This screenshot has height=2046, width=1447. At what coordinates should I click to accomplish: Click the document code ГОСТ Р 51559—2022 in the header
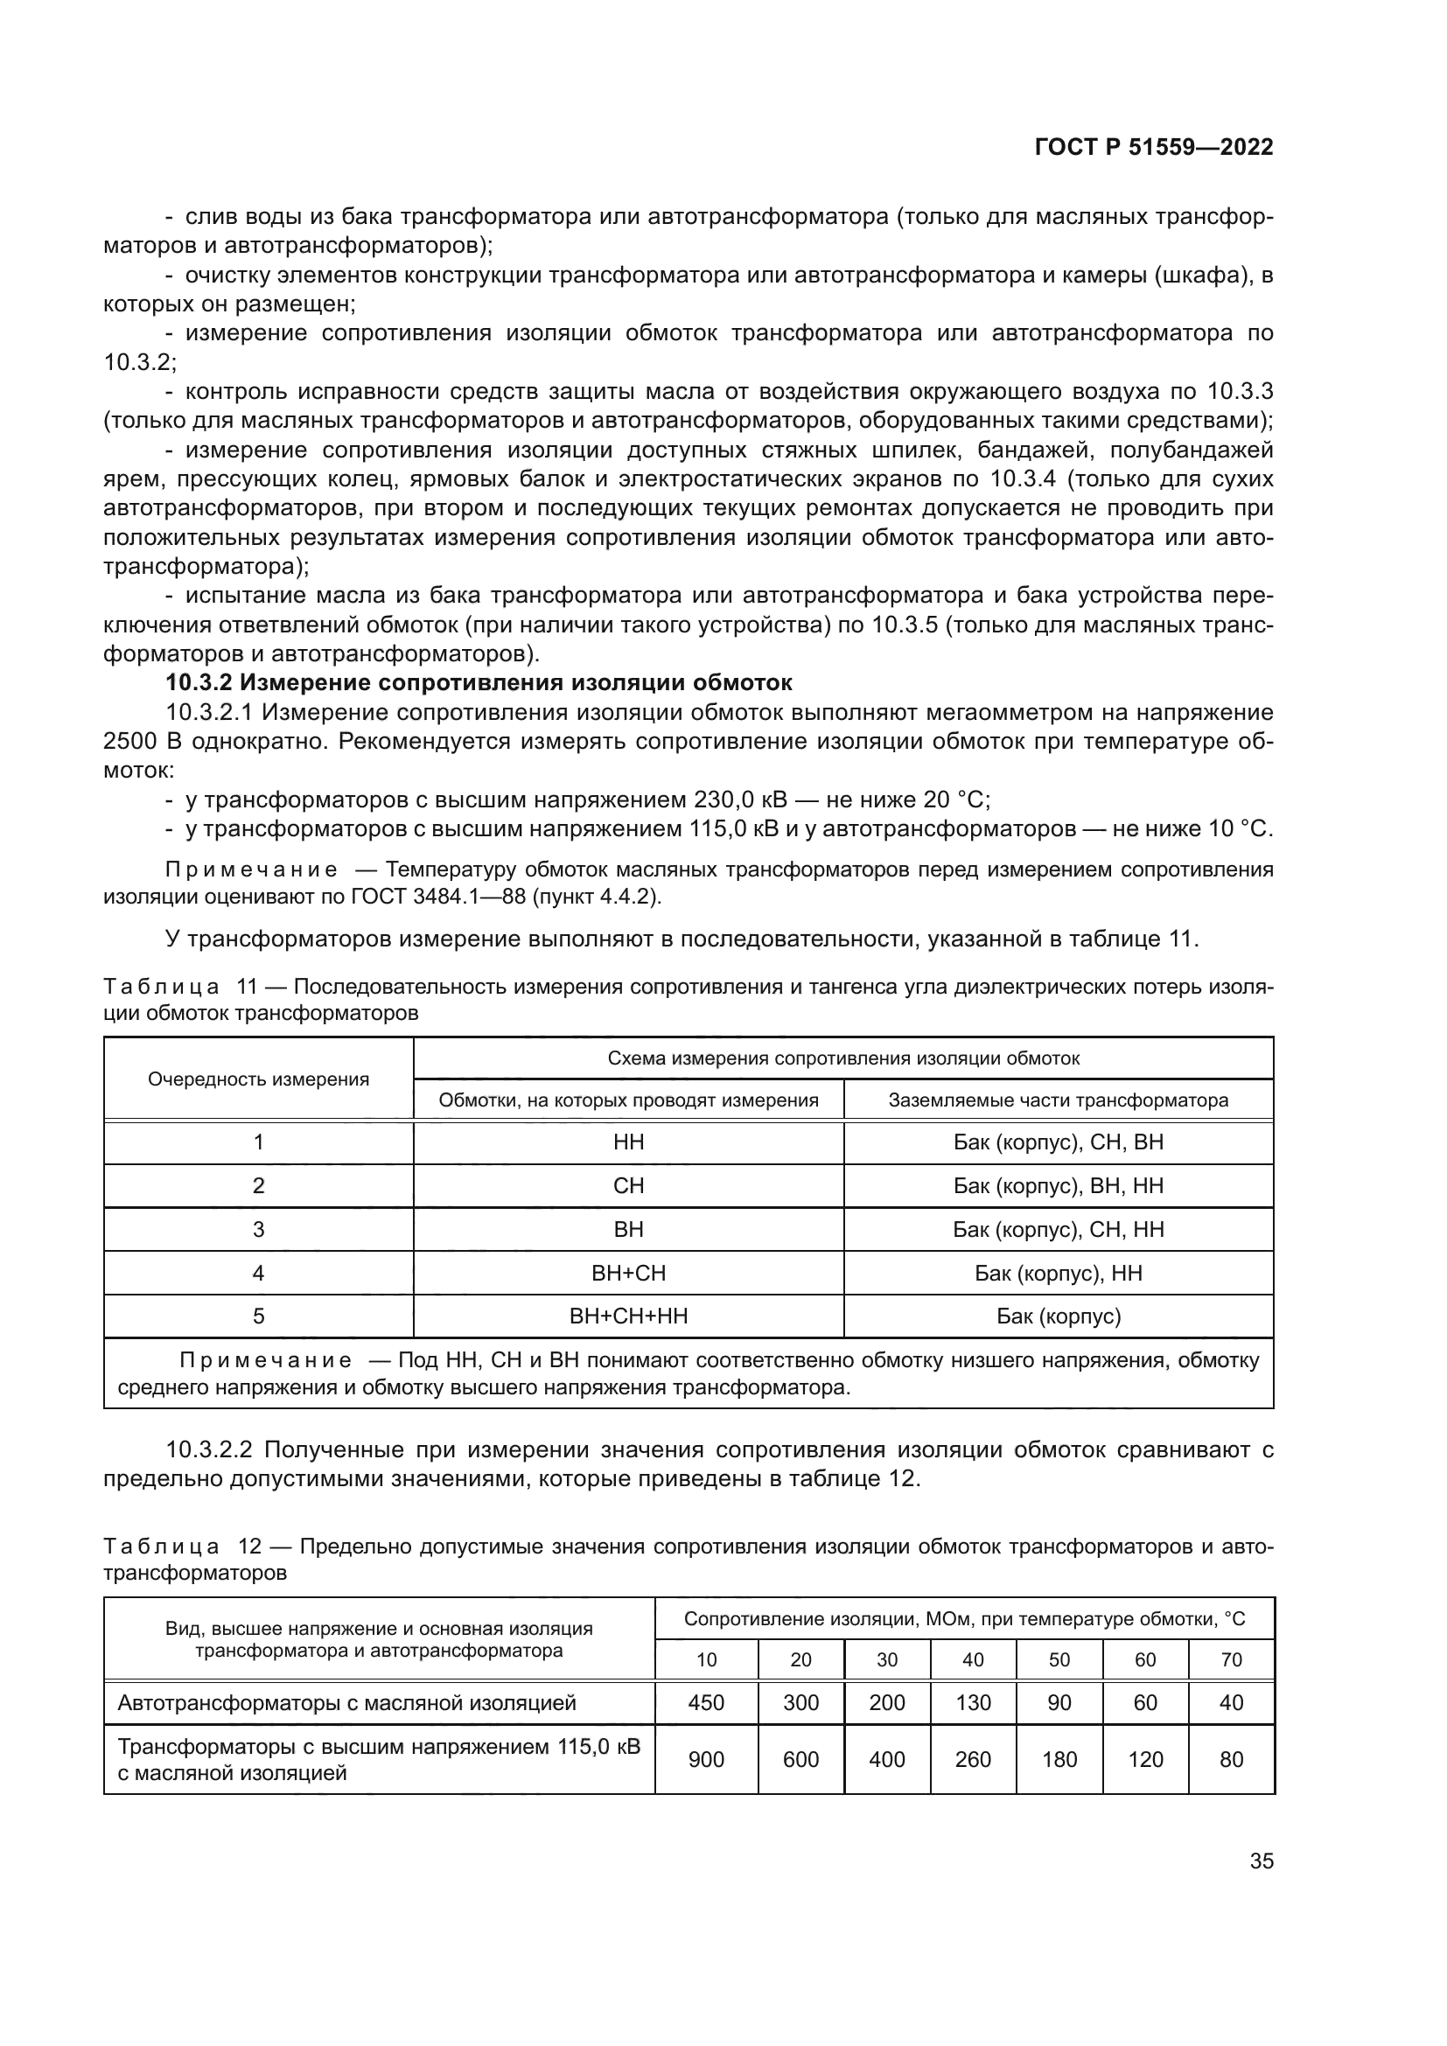1153,147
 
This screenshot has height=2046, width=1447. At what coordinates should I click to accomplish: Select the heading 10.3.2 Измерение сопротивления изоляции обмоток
479,682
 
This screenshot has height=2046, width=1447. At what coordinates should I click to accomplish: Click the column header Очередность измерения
258,1079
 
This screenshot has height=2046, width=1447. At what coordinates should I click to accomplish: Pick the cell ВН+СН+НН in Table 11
628,1316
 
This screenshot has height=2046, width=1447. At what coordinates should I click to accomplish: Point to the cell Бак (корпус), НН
1058,1273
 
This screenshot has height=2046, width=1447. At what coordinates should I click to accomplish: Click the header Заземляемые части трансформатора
1058,1100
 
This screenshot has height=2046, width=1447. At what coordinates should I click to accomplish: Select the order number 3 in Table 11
258,1230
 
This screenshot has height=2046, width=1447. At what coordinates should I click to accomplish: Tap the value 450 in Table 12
706,1703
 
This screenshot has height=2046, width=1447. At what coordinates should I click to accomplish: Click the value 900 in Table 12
706,1760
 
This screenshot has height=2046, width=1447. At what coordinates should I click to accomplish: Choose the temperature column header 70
1231,1660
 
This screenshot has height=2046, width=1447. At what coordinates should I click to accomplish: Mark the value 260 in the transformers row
972,1760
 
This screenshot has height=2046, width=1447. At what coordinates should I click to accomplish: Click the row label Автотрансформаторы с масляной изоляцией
346,1703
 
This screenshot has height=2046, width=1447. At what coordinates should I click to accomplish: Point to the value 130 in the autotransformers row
972,1703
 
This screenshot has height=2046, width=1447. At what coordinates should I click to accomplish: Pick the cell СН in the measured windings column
628,1186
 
